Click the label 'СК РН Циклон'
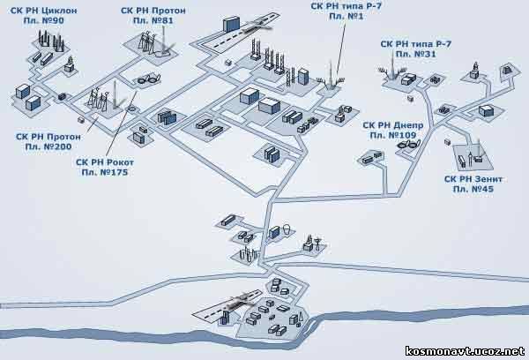43,11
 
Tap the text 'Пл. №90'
43,20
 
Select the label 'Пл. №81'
153,20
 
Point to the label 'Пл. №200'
48,146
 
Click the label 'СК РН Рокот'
105,162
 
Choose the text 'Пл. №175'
105,173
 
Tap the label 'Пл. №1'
346,16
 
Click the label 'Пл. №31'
415,54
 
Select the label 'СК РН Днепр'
392,125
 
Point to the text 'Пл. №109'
392,135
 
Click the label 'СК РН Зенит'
473,179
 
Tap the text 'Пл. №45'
473,189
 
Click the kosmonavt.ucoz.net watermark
465,351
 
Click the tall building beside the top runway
231,23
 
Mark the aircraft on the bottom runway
240,301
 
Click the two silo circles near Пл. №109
408,145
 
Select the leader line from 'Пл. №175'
122,124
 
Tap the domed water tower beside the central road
287,229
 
